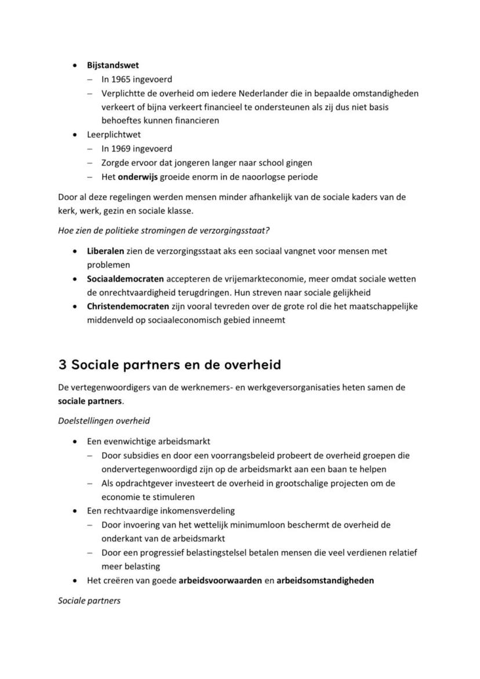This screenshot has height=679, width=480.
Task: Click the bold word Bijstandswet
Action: pyautogui.click(x=112, y=66)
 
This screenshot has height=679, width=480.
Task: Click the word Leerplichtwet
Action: pyautogui.click(x=114, y=135)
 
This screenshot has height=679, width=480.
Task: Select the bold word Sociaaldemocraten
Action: pyautogui.click(x=125, y=279)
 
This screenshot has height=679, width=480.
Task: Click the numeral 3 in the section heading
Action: pyautogui.click(x=62, y=364)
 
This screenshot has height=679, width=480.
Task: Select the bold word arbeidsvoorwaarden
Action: pyautogui.click(x=220, y=580)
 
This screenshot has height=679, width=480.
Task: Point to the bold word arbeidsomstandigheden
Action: pyautogui.click(x=325, y=580)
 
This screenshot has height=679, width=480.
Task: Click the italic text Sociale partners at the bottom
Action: pyautogui.click(x=89, y=601)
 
